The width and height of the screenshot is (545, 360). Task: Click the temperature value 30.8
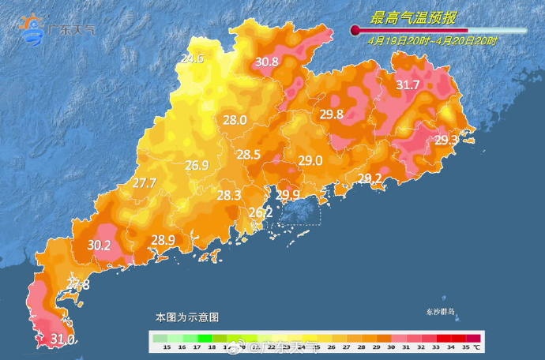point(267,62)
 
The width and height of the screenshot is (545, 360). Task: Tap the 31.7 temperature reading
point(408,85)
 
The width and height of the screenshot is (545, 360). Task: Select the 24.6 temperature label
point(192,58)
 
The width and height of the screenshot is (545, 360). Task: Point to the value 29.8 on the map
point(331,114)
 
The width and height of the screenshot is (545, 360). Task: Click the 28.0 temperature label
point(235,121)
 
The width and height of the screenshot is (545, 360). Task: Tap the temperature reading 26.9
point(197,166)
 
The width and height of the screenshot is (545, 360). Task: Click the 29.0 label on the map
point(310,161)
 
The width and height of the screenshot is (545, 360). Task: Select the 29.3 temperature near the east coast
point(446,141)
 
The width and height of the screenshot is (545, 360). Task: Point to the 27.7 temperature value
point(145,183)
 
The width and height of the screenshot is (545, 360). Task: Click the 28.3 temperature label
point(229,196)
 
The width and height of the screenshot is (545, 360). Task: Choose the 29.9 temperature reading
point(287,195)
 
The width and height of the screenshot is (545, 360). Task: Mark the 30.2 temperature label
point(99,246)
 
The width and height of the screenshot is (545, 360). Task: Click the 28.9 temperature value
point(163,240)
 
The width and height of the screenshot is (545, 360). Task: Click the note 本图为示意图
point(186,317)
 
